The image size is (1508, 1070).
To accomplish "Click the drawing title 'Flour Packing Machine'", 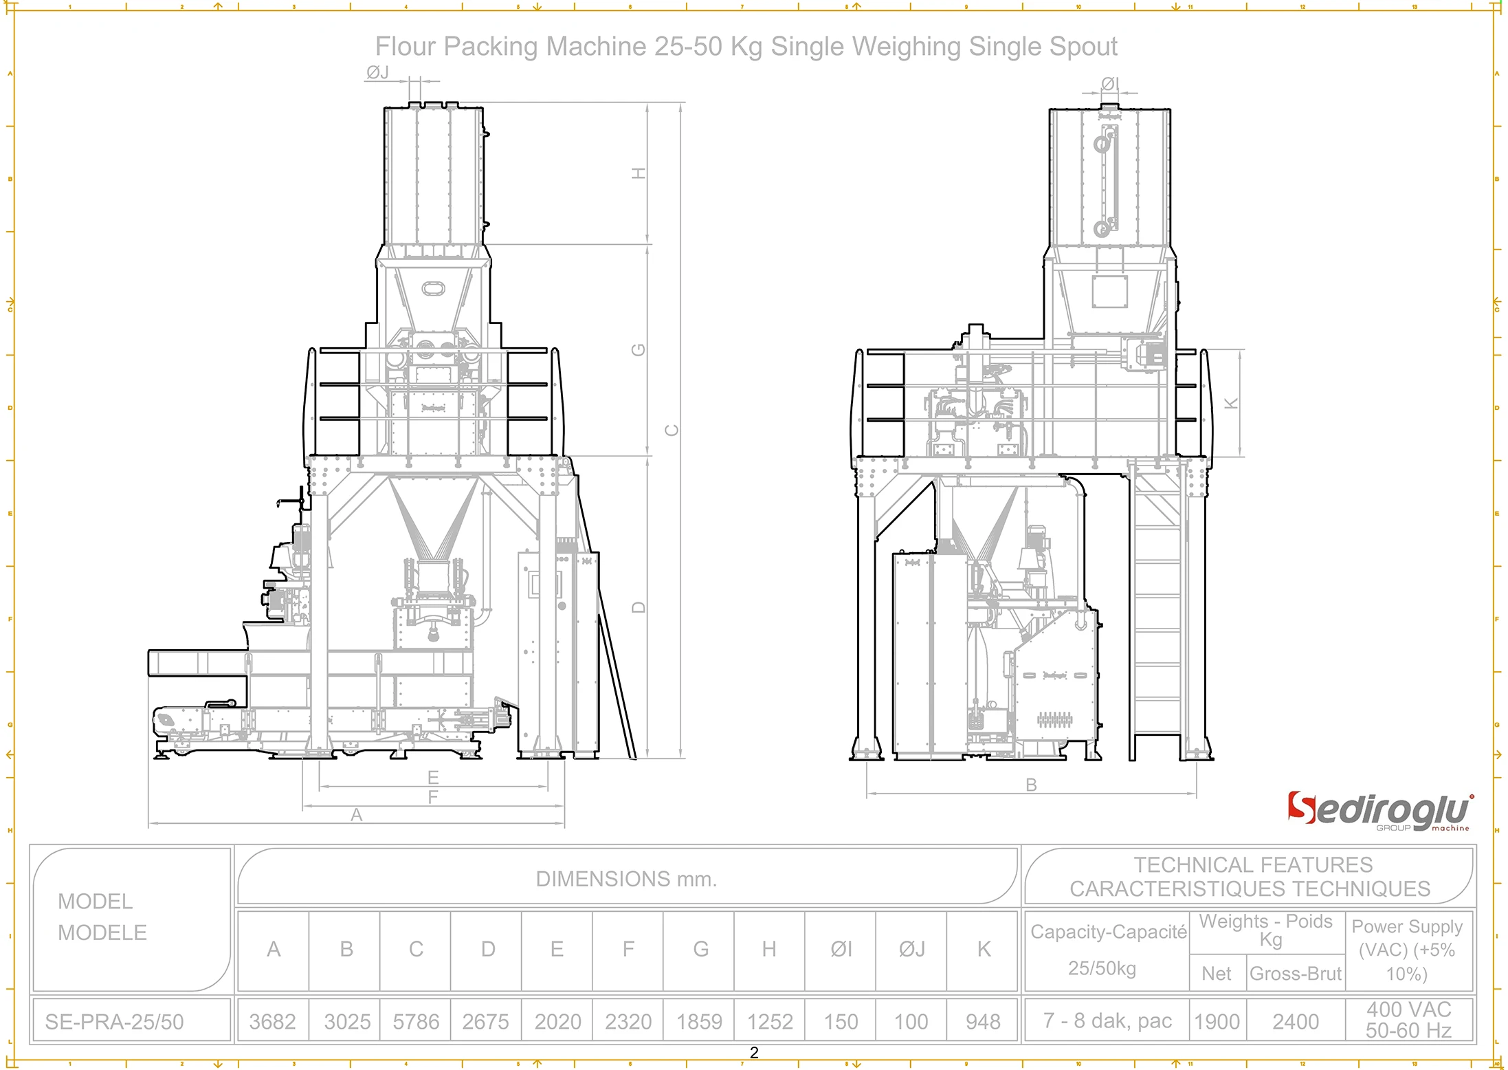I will click(746, 47).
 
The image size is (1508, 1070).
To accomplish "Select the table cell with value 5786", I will click(416, 1021).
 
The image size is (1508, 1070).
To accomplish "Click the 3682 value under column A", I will click(273, 1021).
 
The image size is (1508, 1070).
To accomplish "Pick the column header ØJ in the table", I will click(911, 949).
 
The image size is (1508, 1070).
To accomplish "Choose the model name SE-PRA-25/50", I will click(115, 1022).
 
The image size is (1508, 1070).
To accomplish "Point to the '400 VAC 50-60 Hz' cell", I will click(1408, 1020).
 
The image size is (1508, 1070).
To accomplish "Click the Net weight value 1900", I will click(1217, 1021).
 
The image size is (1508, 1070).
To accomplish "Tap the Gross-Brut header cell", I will click(1295, 974).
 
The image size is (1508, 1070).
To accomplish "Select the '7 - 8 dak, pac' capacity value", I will click(1107, 1020).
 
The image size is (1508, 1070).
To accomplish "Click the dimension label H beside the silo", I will click(639, 173).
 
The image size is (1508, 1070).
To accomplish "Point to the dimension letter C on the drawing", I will click(672, 430).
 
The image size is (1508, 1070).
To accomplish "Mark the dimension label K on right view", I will click(1231, 404).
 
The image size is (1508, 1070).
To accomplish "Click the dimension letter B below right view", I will click(1031, 785).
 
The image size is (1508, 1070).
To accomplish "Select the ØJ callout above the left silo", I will click(378, 72).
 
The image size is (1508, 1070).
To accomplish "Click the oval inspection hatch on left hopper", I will click(433, 288).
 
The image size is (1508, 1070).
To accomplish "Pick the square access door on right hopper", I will click(1110, 292).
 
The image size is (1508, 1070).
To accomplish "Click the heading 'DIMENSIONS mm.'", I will click(626, 879).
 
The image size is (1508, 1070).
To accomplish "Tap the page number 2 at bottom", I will click(754, 1053).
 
